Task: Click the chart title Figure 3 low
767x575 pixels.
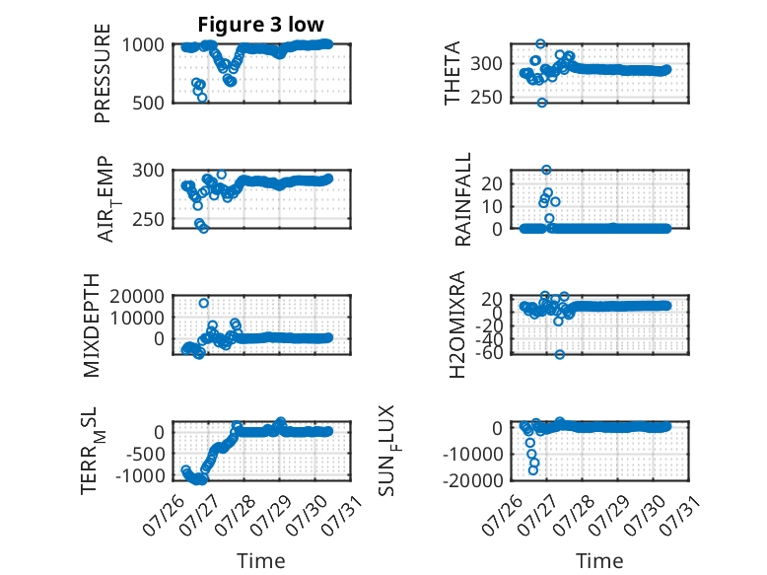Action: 260,24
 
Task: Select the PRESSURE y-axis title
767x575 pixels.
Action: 103,73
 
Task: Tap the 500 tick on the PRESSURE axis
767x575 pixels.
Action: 148,103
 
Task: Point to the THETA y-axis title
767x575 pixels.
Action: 453,73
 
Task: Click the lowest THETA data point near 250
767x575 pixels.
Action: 541,103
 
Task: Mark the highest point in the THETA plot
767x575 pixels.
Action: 540,43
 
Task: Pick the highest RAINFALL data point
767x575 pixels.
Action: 546,170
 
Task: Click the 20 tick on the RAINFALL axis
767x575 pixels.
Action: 492,184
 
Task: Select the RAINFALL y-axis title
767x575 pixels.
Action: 462,199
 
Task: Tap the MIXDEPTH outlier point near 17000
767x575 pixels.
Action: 203,304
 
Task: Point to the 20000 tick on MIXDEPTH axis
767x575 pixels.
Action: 137,296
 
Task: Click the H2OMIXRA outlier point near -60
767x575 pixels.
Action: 560,354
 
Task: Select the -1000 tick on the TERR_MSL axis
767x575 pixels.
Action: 140,475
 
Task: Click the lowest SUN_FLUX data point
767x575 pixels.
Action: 533,470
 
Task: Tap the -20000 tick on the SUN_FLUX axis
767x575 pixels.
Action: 473,480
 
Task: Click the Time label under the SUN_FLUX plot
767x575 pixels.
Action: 599,560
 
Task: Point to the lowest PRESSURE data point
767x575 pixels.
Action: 202,98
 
